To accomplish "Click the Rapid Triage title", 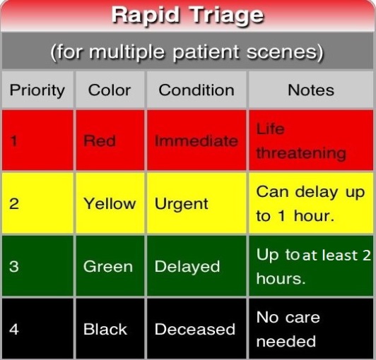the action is pyautogui.click(x=188, y=16).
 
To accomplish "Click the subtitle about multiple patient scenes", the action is pyautogui.click(x=187, y=52).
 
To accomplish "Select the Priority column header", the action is pyautogui.click(x=37, y=91).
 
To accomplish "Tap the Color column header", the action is pyautogui.click(x=110, y=90).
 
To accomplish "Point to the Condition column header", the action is pyautogui.click(x=196, y=90).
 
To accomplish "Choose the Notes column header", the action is pyautogui.click(x=311, y=90).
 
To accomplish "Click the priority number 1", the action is pyautogui.click(x=13, y=140).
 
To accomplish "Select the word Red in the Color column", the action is pyautogui.click(x=100, y=140).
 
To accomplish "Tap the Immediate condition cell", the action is pyautogui.click(x=196, y=140).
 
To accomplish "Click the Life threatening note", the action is pyautogui.click(x=301, y=141).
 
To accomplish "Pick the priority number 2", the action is pyautogui.click(x=14, y=204).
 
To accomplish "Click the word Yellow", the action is pyautogui.click(x=110, y=204).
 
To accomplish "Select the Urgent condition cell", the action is pyautogui.click(x=181, y=204).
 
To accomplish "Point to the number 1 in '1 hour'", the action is pyautogui.click(x=282, y=216).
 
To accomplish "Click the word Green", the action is pyautogui.click(x=108, y=266).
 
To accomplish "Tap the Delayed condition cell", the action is pyautogui.click(x=187, y=267).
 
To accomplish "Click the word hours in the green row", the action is pyautogui.click(x=281, y=279).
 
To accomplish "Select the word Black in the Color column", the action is pyautogui.click(x=105, y=329).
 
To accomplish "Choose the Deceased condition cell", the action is pyautogui.click(x=195, y=329).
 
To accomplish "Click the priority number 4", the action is pyautogui.click(x=14, y=329).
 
